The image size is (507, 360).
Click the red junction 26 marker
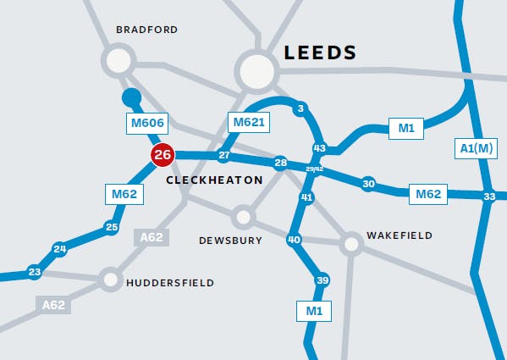click(x=163, y=155)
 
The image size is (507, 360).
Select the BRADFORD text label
click(x=146, y=30)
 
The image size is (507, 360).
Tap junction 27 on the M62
click(x=223, y=156)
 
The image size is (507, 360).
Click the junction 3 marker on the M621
click(x=300, y=108)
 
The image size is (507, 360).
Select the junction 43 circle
click(x=319, y=148)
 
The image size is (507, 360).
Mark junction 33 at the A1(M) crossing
click(x=488, y=197)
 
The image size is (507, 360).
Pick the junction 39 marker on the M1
click(x=322, y=280)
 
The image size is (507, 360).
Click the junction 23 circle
click(x=34, y=272)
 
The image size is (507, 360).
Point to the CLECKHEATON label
click(x=214, y=181)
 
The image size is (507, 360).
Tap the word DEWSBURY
click(x=230, y=241)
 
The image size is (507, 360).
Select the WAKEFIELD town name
click(x=399, y=235)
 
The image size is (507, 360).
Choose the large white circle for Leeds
click(x=257, y=71)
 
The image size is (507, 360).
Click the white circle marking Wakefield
click(x=352, y=244)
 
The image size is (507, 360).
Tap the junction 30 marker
click(x=368, y=184)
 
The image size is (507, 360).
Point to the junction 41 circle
click(x=307, y=197)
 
